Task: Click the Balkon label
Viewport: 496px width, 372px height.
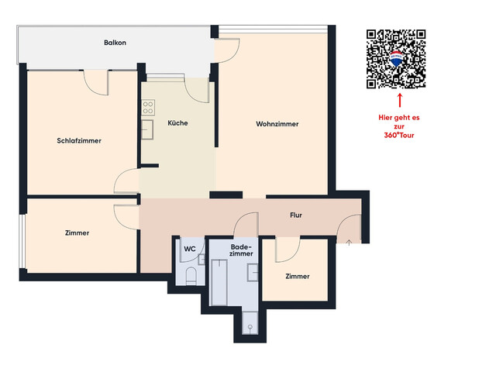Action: (x=115, y=43)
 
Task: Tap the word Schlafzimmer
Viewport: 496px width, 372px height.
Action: (x=80, y=140)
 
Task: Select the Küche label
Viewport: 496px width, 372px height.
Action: (x=177, y=123)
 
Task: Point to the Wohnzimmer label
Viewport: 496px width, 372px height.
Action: (x=277, y=124)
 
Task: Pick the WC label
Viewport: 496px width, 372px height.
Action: (x=189, y=249)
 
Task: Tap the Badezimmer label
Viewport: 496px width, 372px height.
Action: (x=241, y=250)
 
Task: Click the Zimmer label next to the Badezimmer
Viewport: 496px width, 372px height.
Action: (x=298, y=276)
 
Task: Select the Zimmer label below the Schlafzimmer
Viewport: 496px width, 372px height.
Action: (x=77, y=232)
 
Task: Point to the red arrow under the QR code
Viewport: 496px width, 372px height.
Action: (x=400, y=99)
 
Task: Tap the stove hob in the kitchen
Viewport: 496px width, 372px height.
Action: (x=147, y=107)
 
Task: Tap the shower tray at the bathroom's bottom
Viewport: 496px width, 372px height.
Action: (x=250, y=325)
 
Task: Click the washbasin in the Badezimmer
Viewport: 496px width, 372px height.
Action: (x=253, y=271)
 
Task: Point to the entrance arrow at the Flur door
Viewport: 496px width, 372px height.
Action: (x=350, y=243)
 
